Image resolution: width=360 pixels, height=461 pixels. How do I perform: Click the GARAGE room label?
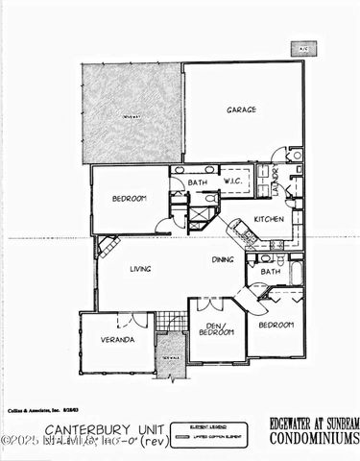click(x=241, y=109)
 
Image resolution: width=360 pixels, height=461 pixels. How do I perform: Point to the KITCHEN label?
click(x=269, y=218)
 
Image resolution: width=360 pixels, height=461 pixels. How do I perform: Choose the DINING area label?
click(x=223, y=259)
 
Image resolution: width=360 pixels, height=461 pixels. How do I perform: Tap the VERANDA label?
click(x=117, y=339)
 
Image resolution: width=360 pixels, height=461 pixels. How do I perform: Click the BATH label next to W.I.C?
click(x=198, y=182)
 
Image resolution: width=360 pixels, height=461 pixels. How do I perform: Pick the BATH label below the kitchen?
click(x=270, y=272)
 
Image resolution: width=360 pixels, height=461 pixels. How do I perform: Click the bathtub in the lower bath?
click(x=296, y=273)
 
